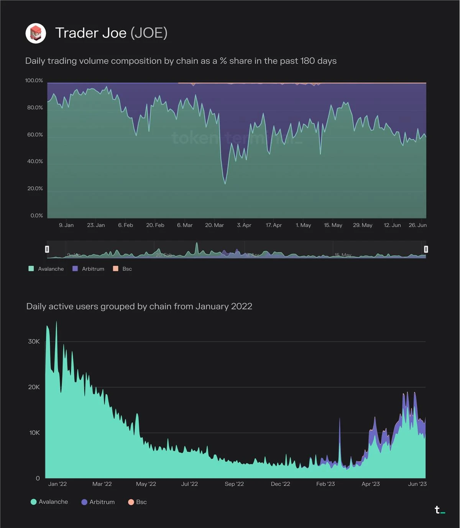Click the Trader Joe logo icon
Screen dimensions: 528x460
point(36,33)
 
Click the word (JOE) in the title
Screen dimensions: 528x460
point(149,33)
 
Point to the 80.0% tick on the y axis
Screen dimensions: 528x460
point(35,108)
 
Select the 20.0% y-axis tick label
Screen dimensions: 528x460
point(35,189)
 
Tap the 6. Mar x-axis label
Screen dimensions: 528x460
point(185,225)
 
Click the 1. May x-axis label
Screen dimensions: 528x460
point(303,225)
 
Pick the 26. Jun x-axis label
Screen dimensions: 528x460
point(417,225)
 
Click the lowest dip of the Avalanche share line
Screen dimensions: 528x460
point(225,184)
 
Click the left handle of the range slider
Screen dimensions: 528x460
point(47,249)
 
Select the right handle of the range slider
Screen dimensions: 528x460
point(426,249)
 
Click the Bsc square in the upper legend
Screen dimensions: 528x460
point(116,269)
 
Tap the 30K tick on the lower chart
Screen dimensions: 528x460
point(34,341)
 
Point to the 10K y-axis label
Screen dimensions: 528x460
point(34,433)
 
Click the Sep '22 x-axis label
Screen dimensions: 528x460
point(234,484)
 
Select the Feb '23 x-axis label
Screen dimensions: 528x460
point(325,484)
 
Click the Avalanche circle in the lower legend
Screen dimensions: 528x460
point(34,502)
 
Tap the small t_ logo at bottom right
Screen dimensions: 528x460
point(439,510)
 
